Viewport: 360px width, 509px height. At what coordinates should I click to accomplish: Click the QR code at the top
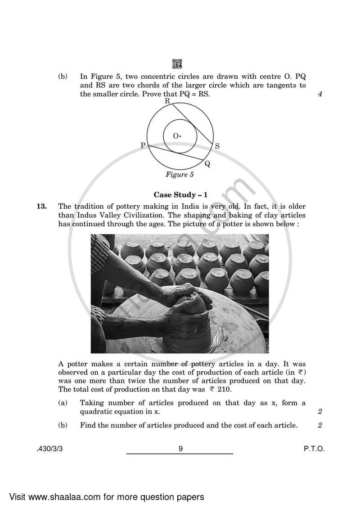[177, 64]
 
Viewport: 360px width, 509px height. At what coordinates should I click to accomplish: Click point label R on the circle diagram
[167, 101]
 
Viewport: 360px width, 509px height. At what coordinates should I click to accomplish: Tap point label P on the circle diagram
[143, 145]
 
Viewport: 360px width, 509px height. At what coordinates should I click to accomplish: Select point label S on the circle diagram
[217, 146]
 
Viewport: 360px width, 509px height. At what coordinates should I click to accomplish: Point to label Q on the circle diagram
[207, 164]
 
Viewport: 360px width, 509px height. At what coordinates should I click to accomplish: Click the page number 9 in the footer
[180, 449]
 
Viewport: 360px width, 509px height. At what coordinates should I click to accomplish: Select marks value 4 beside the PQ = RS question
[320, 95]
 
